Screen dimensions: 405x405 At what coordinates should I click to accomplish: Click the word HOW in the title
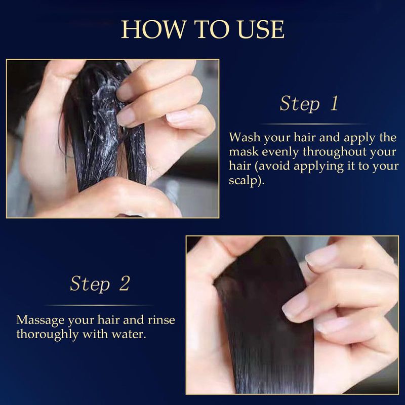(154, 29)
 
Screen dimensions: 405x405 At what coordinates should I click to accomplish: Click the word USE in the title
(261, 29)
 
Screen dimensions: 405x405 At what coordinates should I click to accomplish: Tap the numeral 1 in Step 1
(335, 103)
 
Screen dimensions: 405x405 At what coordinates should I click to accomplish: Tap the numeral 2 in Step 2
(125, 283)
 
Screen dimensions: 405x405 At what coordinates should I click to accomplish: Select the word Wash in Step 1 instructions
(245, 137)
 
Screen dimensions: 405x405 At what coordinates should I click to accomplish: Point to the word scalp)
(247, 181)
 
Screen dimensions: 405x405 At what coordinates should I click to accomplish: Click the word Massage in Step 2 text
(40, 320)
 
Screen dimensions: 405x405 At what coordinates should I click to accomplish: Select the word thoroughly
(48, 335)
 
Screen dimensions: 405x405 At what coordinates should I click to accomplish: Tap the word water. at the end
(129, 335)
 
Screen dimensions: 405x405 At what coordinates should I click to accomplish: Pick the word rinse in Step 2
(161, 320)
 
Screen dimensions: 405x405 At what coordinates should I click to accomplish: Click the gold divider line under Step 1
(315, 124)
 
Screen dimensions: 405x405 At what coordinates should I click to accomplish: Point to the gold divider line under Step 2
(99, 305)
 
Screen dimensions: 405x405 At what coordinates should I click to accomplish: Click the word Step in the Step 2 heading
(90, 284)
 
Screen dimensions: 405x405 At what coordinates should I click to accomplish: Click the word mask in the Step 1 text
(244, 151)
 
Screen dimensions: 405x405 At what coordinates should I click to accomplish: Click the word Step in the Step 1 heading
(300, 104)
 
